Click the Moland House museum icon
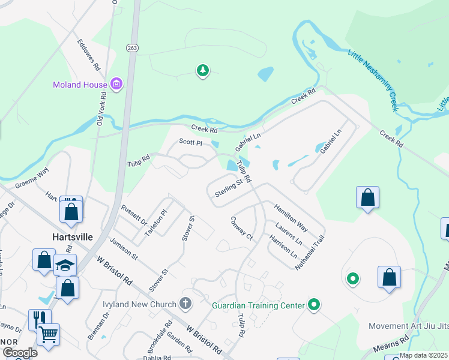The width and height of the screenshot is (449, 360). tap(116, 85)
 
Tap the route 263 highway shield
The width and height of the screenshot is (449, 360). tap(132, 47)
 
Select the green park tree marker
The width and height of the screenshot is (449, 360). tap(203, 71)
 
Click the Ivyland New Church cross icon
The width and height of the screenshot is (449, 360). tap(185, 303)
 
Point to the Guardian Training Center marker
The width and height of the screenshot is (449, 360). tap(313, 305)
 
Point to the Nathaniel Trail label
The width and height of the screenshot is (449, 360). tap(310, 253)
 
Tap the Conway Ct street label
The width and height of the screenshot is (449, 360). tap(242, 228)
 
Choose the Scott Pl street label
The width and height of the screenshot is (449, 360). tap(191, 143)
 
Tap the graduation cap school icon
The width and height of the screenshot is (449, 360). tap(65, 265)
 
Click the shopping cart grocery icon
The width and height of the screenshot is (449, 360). tap(48, 334)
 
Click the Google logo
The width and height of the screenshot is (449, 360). tap(19, 353)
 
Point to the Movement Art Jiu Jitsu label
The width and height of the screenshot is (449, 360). tap(408, 326)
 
